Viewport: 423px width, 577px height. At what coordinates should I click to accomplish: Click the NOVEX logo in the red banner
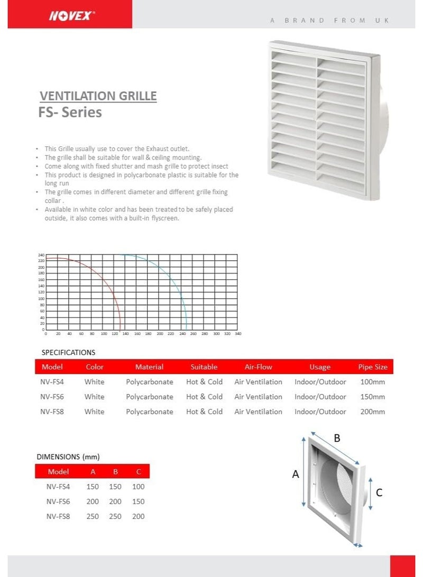pos(72,16)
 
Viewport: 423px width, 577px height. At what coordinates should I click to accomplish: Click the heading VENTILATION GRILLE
pos(98,96)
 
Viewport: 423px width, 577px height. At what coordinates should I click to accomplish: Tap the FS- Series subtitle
pos(70,113)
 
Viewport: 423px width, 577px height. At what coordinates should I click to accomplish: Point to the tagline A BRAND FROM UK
pos(329,21)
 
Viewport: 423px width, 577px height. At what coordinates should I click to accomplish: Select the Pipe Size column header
pos(373,367)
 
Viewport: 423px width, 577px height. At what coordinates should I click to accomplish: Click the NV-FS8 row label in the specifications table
pos(52,412)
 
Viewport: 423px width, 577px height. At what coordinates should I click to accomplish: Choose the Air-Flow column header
pos(258,367)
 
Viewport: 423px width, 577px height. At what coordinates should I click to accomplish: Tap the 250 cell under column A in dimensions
pos(93,516)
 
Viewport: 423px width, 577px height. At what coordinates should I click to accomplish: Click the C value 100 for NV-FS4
pos(138,487)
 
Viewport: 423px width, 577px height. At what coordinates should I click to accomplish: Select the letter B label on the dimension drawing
pos(337,438)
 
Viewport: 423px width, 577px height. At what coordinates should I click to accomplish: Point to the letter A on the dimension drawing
pos(296,474)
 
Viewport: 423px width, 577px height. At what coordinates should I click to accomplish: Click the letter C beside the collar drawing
pos(379,492)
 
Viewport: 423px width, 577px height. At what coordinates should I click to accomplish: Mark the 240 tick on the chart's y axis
pos(41,255)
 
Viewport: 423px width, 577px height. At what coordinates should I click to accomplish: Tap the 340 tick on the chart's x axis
pos(237,334)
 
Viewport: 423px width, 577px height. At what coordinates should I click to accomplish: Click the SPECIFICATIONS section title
pos(68,352)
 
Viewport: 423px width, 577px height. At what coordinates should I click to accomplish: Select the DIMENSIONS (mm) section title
pos(68,457)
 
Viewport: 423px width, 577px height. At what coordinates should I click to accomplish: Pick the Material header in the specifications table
pos(149,367)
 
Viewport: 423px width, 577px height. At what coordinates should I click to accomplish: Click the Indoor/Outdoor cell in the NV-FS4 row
pos(320,382)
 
